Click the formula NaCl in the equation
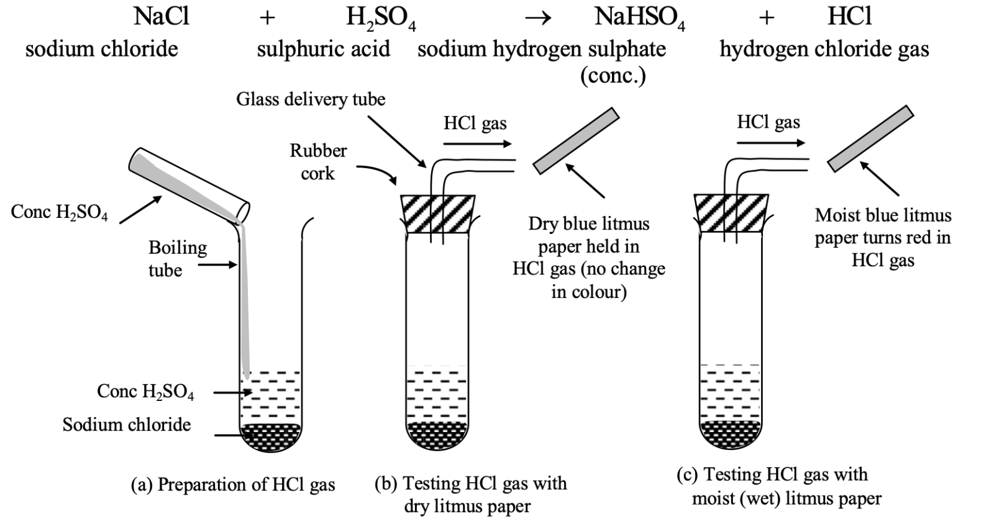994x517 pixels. click(x=161, y=16)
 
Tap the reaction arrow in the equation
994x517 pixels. click(x=537, y=18)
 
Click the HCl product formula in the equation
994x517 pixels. click(x=849, y=16)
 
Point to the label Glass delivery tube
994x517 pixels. click(x=311, y=99)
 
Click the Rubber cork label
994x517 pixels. click(x=318, y=162)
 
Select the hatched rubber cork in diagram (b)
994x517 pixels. click(x=438, y=214)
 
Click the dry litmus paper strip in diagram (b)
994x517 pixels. click(x=577, y=141)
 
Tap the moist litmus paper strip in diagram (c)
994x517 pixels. click(x=870, y=138)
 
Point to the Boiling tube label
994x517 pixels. click(x=176, y=258)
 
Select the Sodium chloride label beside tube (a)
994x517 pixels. click(x=127, y=425)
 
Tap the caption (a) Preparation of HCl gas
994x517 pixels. click(x=233, y=485)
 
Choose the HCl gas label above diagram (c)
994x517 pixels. click(x=768, y=122)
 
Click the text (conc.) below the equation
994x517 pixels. click(x=613, y=76)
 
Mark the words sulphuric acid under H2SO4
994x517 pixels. click(x=324, y=49)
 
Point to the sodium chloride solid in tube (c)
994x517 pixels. click(x=731, y=432)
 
